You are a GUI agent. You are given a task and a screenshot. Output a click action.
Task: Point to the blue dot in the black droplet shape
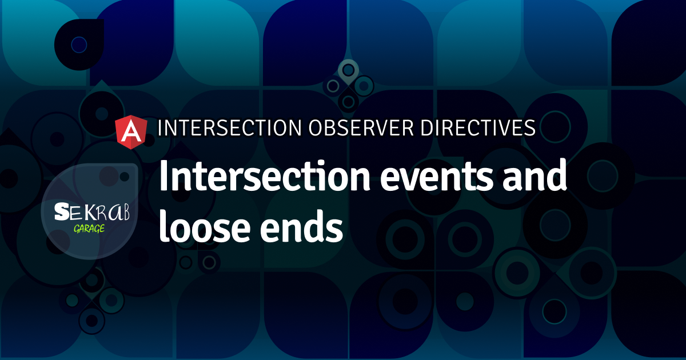click(79, 44)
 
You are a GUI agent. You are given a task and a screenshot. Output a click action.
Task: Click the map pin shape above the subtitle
click(347, 70)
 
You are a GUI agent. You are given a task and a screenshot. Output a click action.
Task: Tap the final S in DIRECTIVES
click(529, 128)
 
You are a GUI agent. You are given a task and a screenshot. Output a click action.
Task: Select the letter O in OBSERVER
click(318, 128)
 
